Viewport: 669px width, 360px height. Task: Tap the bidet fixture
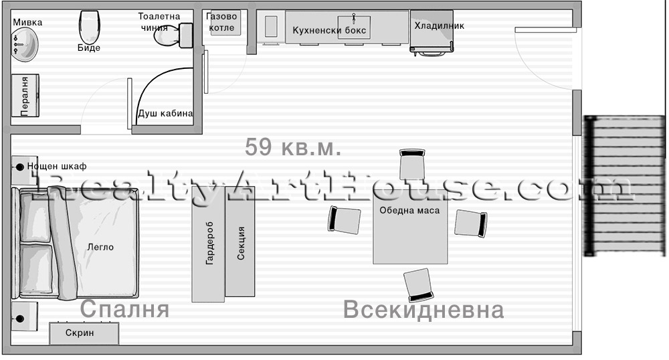point(89,27)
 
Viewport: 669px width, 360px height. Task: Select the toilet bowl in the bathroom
point(173,35)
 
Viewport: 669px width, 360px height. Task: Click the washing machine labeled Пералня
point(25,96)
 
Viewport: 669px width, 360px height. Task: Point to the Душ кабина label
point(165,114)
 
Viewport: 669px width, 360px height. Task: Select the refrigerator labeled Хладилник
point(432,32)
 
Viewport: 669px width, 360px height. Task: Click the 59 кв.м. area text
point(293,147)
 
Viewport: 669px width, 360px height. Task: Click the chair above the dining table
point(412,164)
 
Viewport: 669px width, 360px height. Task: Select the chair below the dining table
point(419,284)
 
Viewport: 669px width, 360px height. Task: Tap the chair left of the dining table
point(344,219)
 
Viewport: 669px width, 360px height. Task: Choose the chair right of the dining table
point(470,223)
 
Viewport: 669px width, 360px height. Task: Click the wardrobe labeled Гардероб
point(208,244)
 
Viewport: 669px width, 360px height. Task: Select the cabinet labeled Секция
point(240,242)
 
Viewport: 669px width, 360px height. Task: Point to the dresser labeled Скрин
point(84,333)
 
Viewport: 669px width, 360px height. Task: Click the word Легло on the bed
point(101,247)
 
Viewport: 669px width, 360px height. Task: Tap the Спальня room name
point(124,309)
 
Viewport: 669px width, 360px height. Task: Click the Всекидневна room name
point(423,310)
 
